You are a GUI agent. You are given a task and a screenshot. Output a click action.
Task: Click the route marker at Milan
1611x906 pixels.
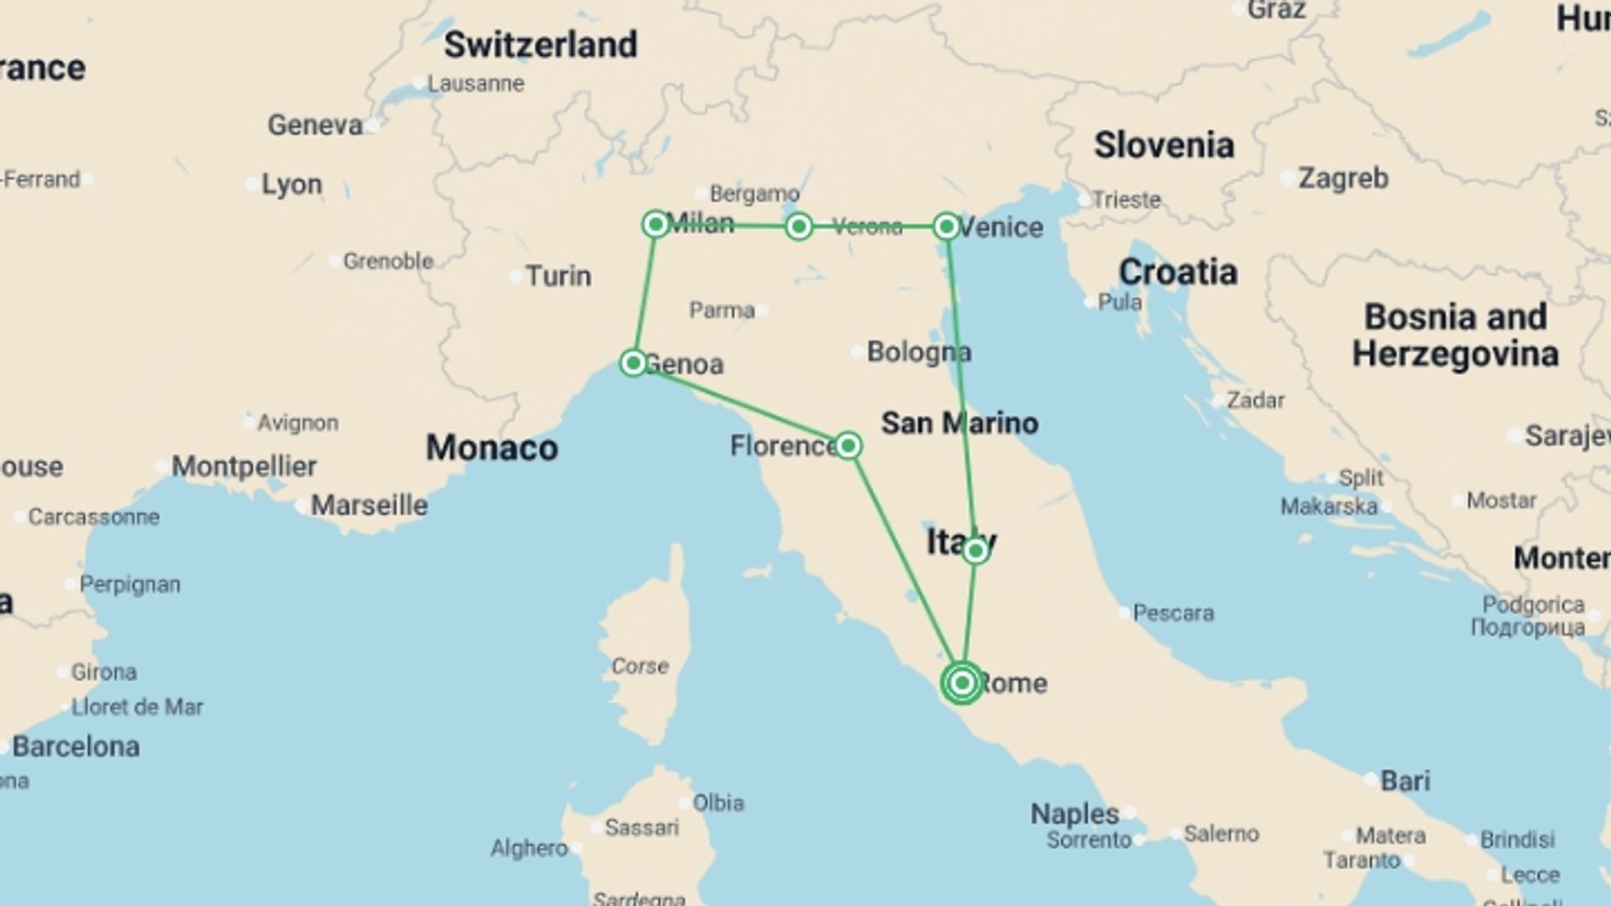pos(655,224)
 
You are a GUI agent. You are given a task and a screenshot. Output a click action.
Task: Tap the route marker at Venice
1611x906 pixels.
pos(946,226)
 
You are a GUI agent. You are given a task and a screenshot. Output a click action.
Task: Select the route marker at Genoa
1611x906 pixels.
pos(633,362)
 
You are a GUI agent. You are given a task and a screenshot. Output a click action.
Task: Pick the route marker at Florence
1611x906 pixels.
pos(848,445)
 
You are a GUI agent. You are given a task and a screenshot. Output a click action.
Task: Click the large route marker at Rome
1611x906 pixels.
pos(962,683)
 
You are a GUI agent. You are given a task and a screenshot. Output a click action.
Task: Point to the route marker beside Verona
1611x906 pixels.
pos(799,226)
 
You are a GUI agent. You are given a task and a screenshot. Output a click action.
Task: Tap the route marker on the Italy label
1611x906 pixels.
pos(975,551)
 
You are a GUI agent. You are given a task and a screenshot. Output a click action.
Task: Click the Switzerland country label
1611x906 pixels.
pos(540,44)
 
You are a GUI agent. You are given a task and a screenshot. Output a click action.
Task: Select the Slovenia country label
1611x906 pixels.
pos(1164,145)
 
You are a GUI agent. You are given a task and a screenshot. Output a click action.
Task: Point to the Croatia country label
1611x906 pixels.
pos(1177,272)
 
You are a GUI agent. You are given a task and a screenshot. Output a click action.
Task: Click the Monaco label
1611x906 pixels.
pos(492,448)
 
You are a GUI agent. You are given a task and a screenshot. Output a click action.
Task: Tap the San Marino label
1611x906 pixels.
pos(959,423)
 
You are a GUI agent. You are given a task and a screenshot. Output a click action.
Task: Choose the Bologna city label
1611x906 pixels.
pos(919,351)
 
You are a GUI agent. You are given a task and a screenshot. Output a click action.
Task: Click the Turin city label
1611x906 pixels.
pos(558,276)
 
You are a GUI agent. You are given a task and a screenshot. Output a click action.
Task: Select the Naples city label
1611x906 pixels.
pos(1074,814)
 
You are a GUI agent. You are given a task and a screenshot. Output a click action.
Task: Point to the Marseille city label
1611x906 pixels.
pos(369,505)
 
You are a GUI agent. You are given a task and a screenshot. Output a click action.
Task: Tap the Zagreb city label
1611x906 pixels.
pos(1342,178)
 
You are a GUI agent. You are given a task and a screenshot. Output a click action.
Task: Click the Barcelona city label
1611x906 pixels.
pos(76,746)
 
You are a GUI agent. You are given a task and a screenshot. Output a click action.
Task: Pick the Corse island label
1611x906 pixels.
pos(639,666)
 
